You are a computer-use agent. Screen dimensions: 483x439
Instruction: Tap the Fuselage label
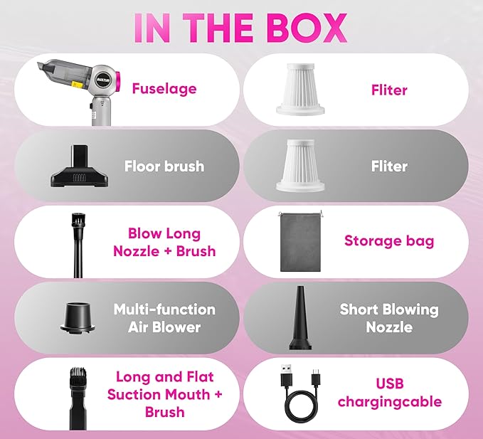click(x=164, y=89)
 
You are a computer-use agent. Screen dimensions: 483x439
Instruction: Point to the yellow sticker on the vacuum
click(x=76, y=84)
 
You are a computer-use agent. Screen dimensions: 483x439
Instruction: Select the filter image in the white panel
click(x=300, y=90)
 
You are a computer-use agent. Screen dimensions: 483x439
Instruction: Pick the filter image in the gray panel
click(x=300, y=166)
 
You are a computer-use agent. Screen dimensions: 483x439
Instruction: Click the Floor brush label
click(x=164, y=166)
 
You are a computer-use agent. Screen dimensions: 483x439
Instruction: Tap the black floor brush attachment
click(x=80, y=166)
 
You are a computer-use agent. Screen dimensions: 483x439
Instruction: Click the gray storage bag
click(x=301, y=242)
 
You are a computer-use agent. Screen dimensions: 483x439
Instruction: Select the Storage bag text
click(x=389, y=241)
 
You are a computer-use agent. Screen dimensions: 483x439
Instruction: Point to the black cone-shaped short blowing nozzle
click(x=300, y=318)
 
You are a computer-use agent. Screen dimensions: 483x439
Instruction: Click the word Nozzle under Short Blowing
click(x=389, y=327)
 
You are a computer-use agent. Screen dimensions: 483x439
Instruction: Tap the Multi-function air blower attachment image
click(x=78, y=318)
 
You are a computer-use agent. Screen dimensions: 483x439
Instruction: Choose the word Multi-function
click(x=164, y=310)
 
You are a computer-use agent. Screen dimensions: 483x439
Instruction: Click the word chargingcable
click(x=390, y=402)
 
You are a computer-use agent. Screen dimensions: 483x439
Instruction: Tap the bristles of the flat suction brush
click(x=78, y=374)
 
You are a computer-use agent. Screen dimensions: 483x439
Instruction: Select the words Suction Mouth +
click(x=165, y=395)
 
